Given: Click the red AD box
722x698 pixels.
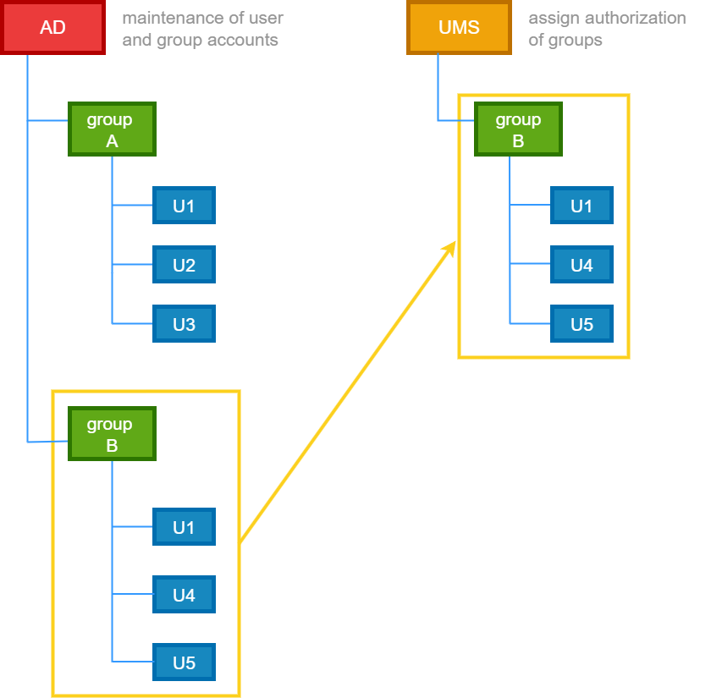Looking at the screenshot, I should coord(52,28).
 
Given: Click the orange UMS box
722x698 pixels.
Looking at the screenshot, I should coord(459,28).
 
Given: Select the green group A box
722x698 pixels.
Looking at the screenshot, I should coord(112,129).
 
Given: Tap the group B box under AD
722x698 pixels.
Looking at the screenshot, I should coord(112,434).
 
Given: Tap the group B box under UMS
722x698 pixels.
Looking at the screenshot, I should coord(518,129).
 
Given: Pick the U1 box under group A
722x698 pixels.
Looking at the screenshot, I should coord(184,206).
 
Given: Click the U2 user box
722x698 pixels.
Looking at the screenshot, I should coord(184,265).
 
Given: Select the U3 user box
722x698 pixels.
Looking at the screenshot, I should coord(184,324).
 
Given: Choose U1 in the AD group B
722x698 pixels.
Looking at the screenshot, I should coord(184,527).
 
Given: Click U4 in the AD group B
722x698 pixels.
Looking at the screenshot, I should coord(184,595).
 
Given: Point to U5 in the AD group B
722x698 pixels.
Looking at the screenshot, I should coord(184,662).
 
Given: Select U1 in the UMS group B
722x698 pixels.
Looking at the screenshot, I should coord(581,206).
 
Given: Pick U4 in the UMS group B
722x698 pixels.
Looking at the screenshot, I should coord(581,265).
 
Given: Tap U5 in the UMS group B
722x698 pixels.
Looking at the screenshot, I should coord(581,324).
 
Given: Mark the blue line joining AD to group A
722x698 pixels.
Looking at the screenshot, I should coord(47,121).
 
